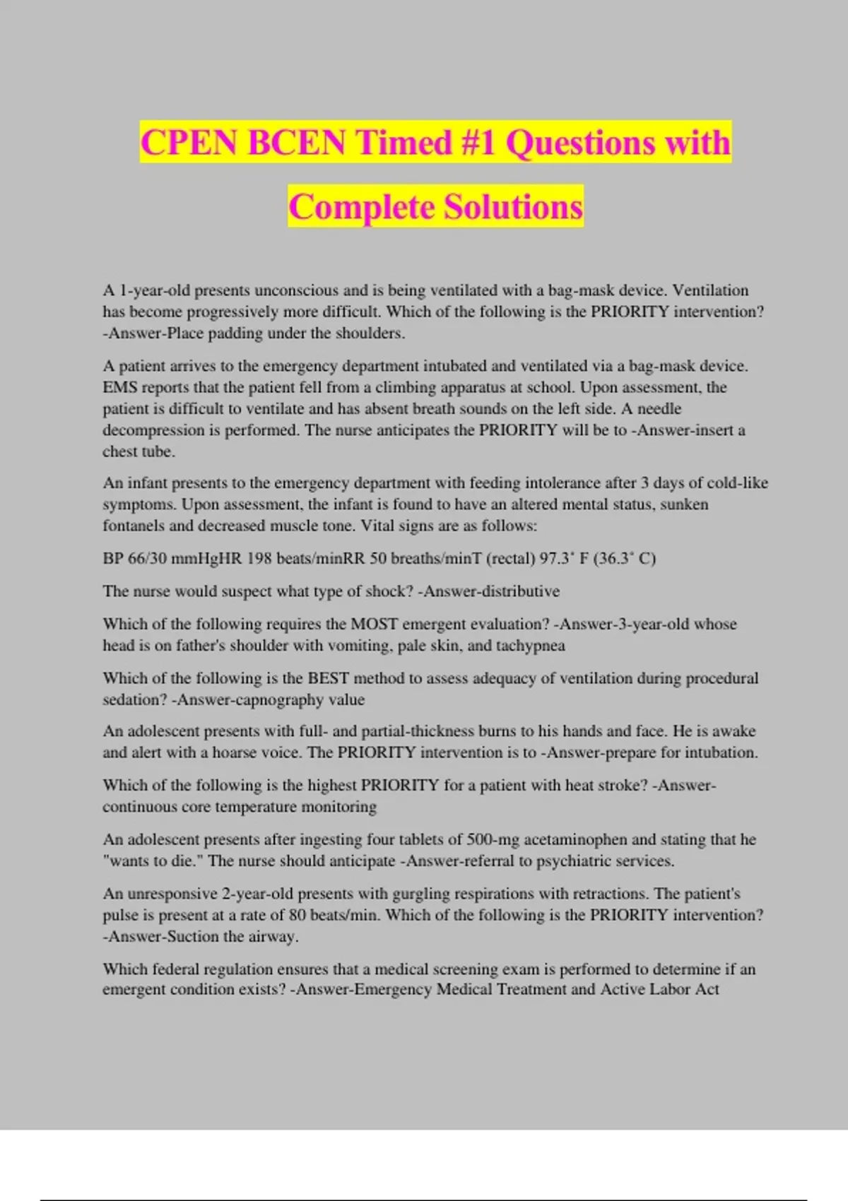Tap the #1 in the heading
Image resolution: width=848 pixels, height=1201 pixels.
pos(478,143)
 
